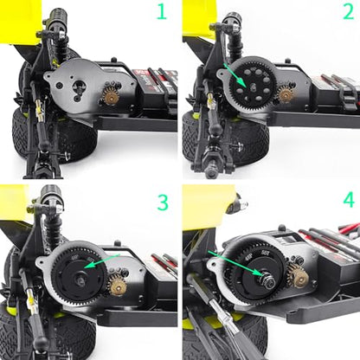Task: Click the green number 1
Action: click(x=162, y=12)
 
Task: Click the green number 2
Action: click(x=349, y=12)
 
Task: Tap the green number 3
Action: click(x=163, y=202)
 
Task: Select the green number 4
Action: click(x=349, y=200)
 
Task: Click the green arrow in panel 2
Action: click(x=235, y=75)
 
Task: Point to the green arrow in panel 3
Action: click(x=102, y=260)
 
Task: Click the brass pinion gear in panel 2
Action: click(x=286, y=93)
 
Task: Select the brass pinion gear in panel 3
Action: click(x=117, y=286)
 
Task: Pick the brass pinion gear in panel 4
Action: click(x=299, y=275)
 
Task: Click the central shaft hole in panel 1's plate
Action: click(x=78, y=87)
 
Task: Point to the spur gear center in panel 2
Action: click(x=252, y=87)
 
